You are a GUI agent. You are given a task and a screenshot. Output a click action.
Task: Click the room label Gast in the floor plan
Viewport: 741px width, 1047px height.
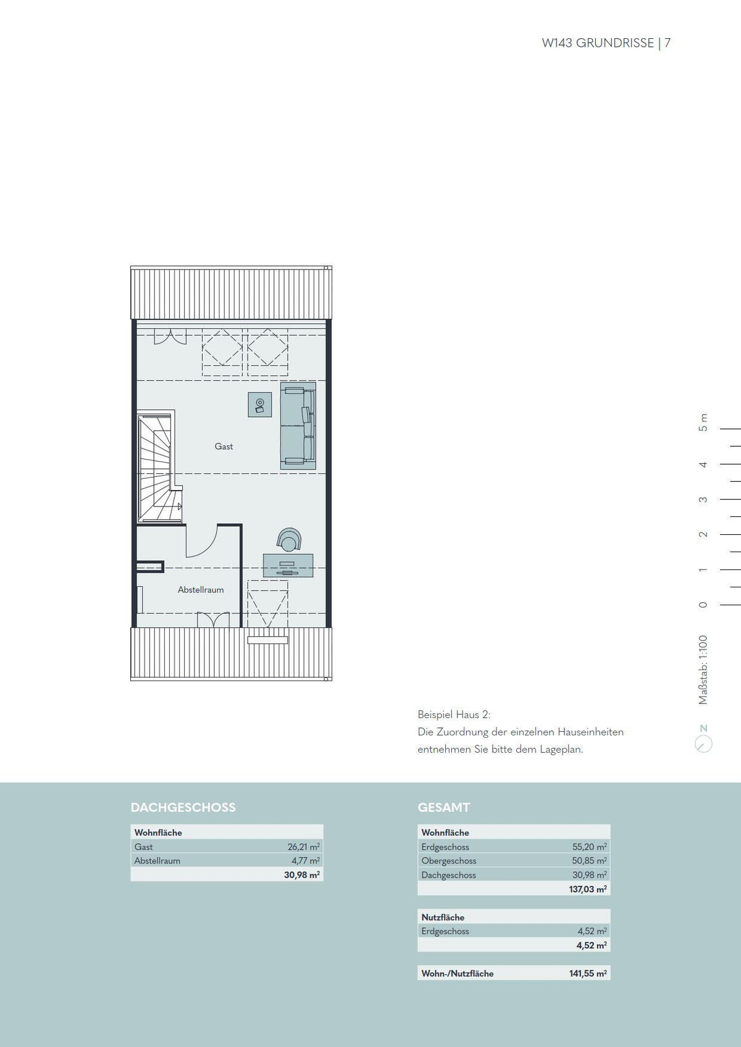pos(224,446)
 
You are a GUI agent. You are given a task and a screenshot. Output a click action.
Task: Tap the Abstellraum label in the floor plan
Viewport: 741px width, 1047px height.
pos(201,590)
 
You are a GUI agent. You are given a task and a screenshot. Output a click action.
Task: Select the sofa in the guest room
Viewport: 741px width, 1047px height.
pos(298,425)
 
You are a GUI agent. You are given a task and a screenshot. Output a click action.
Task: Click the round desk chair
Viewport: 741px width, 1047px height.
pos(289,539)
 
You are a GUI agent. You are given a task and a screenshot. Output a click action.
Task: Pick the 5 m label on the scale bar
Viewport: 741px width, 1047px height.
pos(703,423)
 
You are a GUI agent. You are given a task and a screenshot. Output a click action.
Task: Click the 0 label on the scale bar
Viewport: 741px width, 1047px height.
pos(703,605)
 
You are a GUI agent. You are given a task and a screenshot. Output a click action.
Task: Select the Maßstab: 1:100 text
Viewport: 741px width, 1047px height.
pos(703,670)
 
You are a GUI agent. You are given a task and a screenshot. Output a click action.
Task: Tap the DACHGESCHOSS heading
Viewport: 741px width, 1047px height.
pos(183,808)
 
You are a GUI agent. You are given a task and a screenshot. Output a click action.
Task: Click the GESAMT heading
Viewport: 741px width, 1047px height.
pos(444,808)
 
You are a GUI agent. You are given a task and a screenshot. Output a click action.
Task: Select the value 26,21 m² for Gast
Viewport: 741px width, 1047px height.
pos(304,846)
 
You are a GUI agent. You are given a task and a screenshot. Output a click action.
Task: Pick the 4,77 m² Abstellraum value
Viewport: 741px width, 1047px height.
pos(306,861)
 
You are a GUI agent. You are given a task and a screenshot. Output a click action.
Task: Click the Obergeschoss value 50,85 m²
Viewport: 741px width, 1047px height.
pos(590,861)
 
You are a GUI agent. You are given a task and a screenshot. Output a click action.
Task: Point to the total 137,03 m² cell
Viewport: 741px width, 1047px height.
pos(588,889)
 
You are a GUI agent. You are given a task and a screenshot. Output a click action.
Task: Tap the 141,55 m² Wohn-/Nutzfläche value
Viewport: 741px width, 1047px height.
pos(588,974)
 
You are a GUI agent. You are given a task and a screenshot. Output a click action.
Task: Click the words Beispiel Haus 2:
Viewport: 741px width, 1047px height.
pos(454,714)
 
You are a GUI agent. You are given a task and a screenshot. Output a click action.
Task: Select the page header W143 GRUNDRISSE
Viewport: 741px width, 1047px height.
pos(598,43)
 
